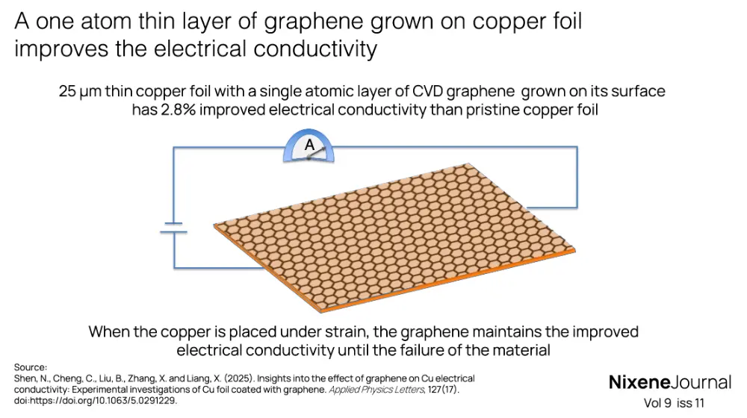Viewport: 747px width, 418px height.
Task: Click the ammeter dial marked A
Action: (x=309, y=148)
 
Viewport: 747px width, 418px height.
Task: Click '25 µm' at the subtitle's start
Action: (x=80, y=92)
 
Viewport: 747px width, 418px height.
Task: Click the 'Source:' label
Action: (x=31, y=367)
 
